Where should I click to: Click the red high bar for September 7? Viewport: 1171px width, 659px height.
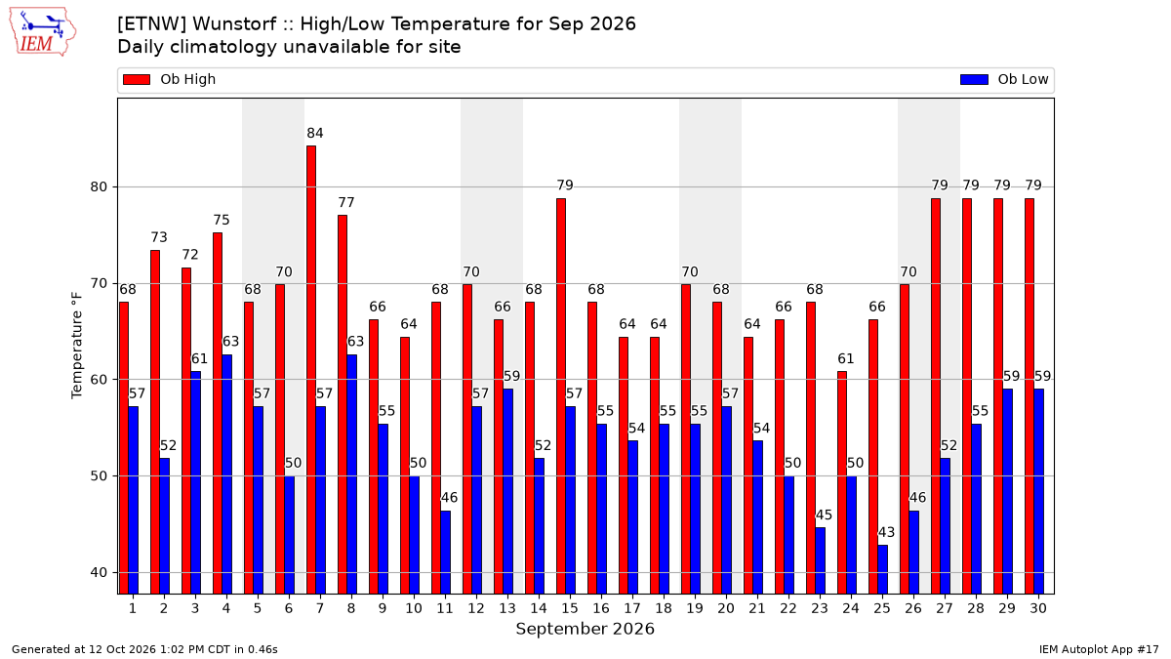[x=311, y=370]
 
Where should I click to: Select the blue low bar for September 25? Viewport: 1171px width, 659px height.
[x=882, y=569]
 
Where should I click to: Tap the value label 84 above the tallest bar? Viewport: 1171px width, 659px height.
[x=314, y=134]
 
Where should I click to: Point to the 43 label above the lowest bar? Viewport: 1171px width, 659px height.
[x=886, y=532]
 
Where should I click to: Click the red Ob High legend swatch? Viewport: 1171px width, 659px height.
[x=137, y=79]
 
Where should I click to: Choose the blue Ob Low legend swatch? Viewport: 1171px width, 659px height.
[x=974, y=79]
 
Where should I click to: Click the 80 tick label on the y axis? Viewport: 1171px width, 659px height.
[x=99, y=186]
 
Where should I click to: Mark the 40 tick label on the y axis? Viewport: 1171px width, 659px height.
[x=99, y=573]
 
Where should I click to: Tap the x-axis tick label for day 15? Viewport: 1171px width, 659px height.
[x=570, y=608]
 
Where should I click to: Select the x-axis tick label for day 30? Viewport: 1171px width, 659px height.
[x=1038, y=608]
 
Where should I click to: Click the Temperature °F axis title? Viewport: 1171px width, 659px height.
[x=77, y=346]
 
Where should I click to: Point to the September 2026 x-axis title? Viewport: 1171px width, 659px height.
[x=585, y=629]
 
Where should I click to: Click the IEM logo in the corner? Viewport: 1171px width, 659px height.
[x=42, y=32]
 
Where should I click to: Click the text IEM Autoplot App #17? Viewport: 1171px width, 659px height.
[x=1099, y=649]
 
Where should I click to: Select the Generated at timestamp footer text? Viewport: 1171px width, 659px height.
[x=144, y=649]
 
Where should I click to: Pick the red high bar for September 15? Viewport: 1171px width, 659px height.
[x=561, y=396]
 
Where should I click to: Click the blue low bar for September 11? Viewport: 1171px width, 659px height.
[x=445, y=553]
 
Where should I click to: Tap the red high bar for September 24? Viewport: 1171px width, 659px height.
[x=842, y=482]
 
